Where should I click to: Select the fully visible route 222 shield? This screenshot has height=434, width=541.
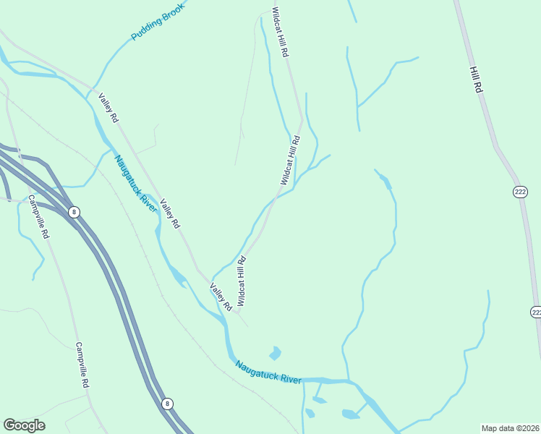tap(521, 192)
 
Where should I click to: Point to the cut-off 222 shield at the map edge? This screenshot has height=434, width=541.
tap(536, 312)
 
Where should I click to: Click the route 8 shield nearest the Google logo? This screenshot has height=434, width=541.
tap(168, 404)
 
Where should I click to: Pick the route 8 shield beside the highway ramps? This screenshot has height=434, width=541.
tap(74, 212)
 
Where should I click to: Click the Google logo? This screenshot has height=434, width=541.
tap(24, 425)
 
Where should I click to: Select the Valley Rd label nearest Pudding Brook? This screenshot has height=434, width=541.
tap(108, 108)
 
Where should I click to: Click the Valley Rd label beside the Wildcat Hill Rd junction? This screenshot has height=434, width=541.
tap(220, 297)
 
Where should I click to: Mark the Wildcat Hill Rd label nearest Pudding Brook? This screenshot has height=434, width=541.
tap(280, 33)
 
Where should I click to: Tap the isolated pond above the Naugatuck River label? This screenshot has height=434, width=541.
tap(274, 354)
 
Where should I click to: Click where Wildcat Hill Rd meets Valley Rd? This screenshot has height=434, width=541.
tap(237, 313)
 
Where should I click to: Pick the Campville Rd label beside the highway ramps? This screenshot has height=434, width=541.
tap(41, 216)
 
